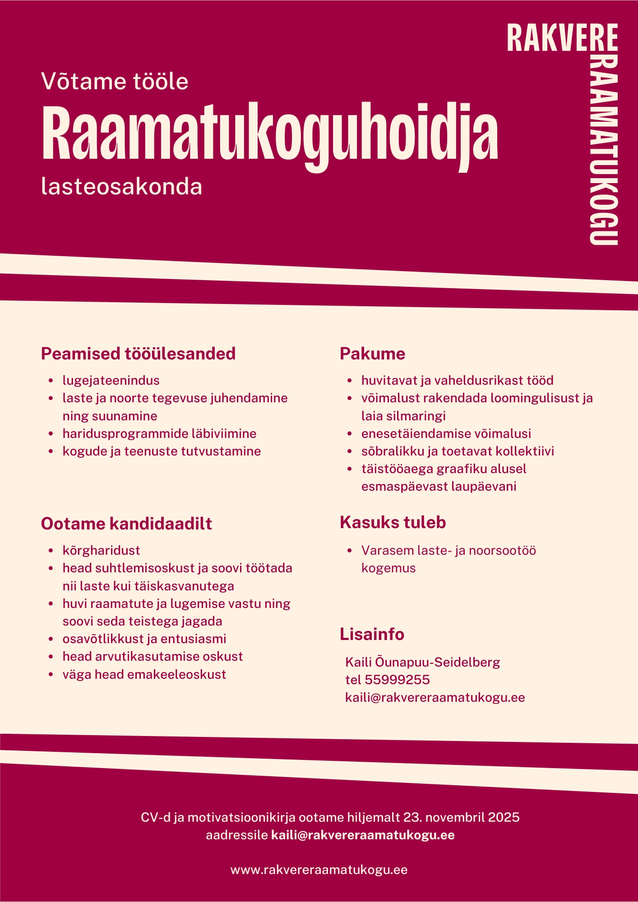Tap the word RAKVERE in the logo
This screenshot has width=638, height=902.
562,38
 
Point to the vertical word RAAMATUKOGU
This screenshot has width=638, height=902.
604,149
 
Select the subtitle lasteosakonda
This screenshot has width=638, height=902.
121,187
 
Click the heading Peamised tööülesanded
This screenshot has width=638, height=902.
138,354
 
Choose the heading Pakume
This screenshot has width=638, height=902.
372,354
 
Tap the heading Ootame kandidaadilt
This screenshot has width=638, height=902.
126,524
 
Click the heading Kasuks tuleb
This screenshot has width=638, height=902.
393,522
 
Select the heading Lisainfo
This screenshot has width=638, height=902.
372,634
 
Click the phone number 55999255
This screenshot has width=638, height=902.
397,680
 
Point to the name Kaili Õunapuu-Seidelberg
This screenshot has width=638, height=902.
422,662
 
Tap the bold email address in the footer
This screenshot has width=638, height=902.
363,835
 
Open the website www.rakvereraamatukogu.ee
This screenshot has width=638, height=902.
319,870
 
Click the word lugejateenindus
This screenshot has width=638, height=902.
111,380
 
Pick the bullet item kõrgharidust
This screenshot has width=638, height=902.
102,550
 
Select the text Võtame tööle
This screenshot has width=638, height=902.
115,82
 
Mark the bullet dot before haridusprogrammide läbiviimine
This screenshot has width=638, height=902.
51,434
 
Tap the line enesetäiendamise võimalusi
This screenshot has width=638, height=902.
446,433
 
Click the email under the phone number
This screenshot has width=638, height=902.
435,697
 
